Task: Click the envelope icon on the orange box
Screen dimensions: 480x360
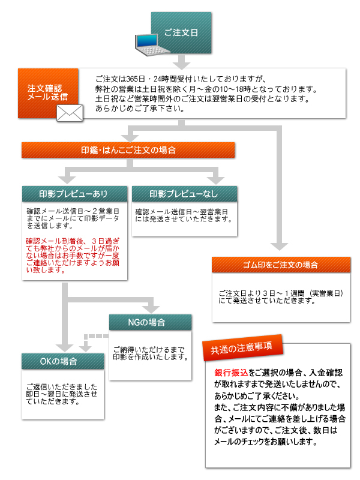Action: (x=70, y=113)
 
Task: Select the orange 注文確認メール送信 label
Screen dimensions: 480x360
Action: (x=48, y=92)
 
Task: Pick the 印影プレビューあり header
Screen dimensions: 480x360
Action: (x=74, y=193)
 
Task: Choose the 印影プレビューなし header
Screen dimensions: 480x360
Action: (x=184, y=193)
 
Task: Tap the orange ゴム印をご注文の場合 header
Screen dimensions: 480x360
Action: (x=281, y=265)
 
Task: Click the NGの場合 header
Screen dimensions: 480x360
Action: (x=151, y=322)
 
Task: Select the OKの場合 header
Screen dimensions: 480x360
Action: (x=62, y=361)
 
